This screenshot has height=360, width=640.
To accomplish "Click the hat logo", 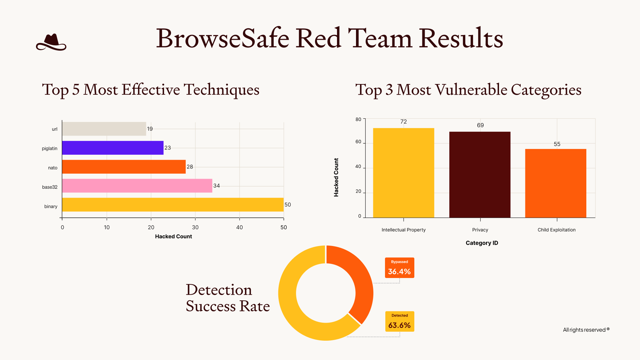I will [51, 42].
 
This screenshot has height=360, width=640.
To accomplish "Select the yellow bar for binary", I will [173, 205].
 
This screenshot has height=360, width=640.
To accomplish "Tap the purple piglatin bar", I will [113, 148].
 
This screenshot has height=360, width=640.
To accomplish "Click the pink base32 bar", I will [137, 186].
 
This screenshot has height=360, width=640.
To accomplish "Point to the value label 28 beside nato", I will [190, 167].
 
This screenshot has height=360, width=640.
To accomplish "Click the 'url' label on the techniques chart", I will [54, 129].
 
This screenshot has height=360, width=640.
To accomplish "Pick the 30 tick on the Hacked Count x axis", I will [195, 227].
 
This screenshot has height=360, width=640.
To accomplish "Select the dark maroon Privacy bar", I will [480, 175].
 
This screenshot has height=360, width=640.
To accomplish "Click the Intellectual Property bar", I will [403, 173].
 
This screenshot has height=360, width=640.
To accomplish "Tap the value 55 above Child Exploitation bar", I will [557, 144].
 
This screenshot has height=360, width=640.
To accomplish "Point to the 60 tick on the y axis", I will [358, 142].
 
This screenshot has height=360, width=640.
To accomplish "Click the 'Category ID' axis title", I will [482, 243].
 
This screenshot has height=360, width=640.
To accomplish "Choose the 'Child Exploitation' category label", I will [556, 230].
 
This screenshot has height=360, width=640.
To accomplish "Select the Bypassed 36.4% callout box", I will [399, 268].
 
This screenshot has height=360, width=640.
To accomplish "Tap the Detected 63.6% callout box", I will [399, 321].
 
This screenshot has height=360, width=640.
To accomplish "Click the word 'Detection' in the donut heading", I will [219, 290].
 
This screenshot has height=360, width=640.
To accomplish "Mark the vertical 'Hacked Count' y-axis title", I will [336, 177].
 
